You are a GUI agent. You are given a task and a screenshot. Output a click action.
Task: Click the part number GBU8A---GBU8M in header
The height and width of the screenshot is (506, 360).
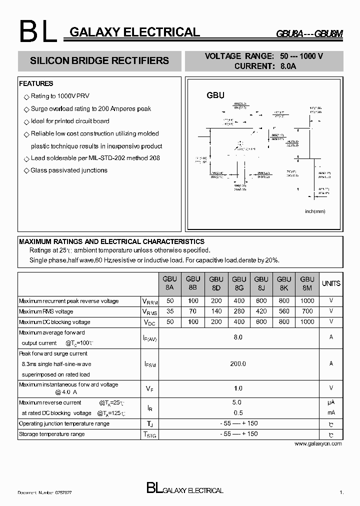point(309,34)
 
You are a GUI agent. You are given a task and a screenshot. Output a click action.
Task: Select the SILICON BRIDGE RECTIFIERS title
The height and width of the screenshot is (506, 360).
point(99,60)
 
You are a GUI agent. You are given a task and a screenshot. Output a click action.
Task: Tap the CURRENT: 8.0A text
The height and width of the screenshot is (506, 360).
point(265,65)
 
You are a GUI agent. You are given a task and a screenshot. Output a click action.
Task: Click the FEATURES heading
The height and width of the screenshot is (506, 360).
point(36,83)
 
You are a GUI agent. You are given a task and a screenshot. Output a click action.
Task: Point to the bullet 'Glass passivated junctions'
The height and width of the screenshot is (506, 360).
point(69,170)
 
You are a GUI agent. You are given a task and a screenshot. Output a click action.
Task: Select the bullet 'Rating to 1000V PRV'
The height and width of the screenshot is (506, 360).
point(60,96)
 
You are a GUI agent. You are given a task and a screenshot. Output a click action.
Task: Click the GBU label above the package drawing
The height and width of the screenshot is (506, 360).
point(215,95)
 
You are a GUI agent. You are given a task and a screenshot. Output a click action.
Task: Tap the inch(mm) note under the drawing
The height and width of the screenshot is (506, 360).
point(315,211)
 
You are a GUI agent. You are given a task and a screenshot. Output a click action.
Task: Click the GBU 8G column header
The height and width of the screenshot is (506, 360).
point(239,283)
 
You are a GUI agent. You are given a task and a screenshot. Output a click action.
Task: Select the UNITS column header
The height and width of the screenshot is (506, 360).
point(331,283)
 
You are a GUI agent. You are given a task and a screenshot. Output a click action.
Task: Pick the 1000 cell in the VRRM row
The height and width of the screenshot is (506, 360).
point(307,301)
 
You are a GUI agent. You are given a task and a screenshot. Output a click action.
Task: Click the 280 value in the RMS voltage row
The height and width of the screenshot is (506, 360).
point(239,311)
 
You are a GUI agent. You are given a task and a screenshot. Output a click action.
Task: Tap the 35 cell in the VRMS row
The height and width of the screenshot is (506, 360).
point(170,311)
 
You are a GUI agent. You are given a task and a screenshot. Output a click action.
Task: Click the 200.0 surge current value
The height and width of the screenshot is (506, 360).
point(238,364)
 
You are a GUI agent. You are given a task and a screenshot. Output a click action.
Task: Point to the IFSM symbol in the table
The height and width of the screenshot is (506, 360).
point(149,365)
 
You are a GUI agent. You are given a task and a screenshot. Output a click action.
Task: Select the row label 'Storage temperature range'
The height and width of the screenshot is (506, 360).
point(51,434)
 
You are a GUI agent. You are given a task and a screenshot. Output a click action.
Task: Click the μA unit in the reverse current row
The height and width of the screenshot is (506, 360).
point(331,402)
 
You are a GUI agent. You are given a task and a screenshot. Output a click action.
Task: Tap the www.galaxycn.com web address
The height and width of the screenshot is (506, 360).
point(318,443)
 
